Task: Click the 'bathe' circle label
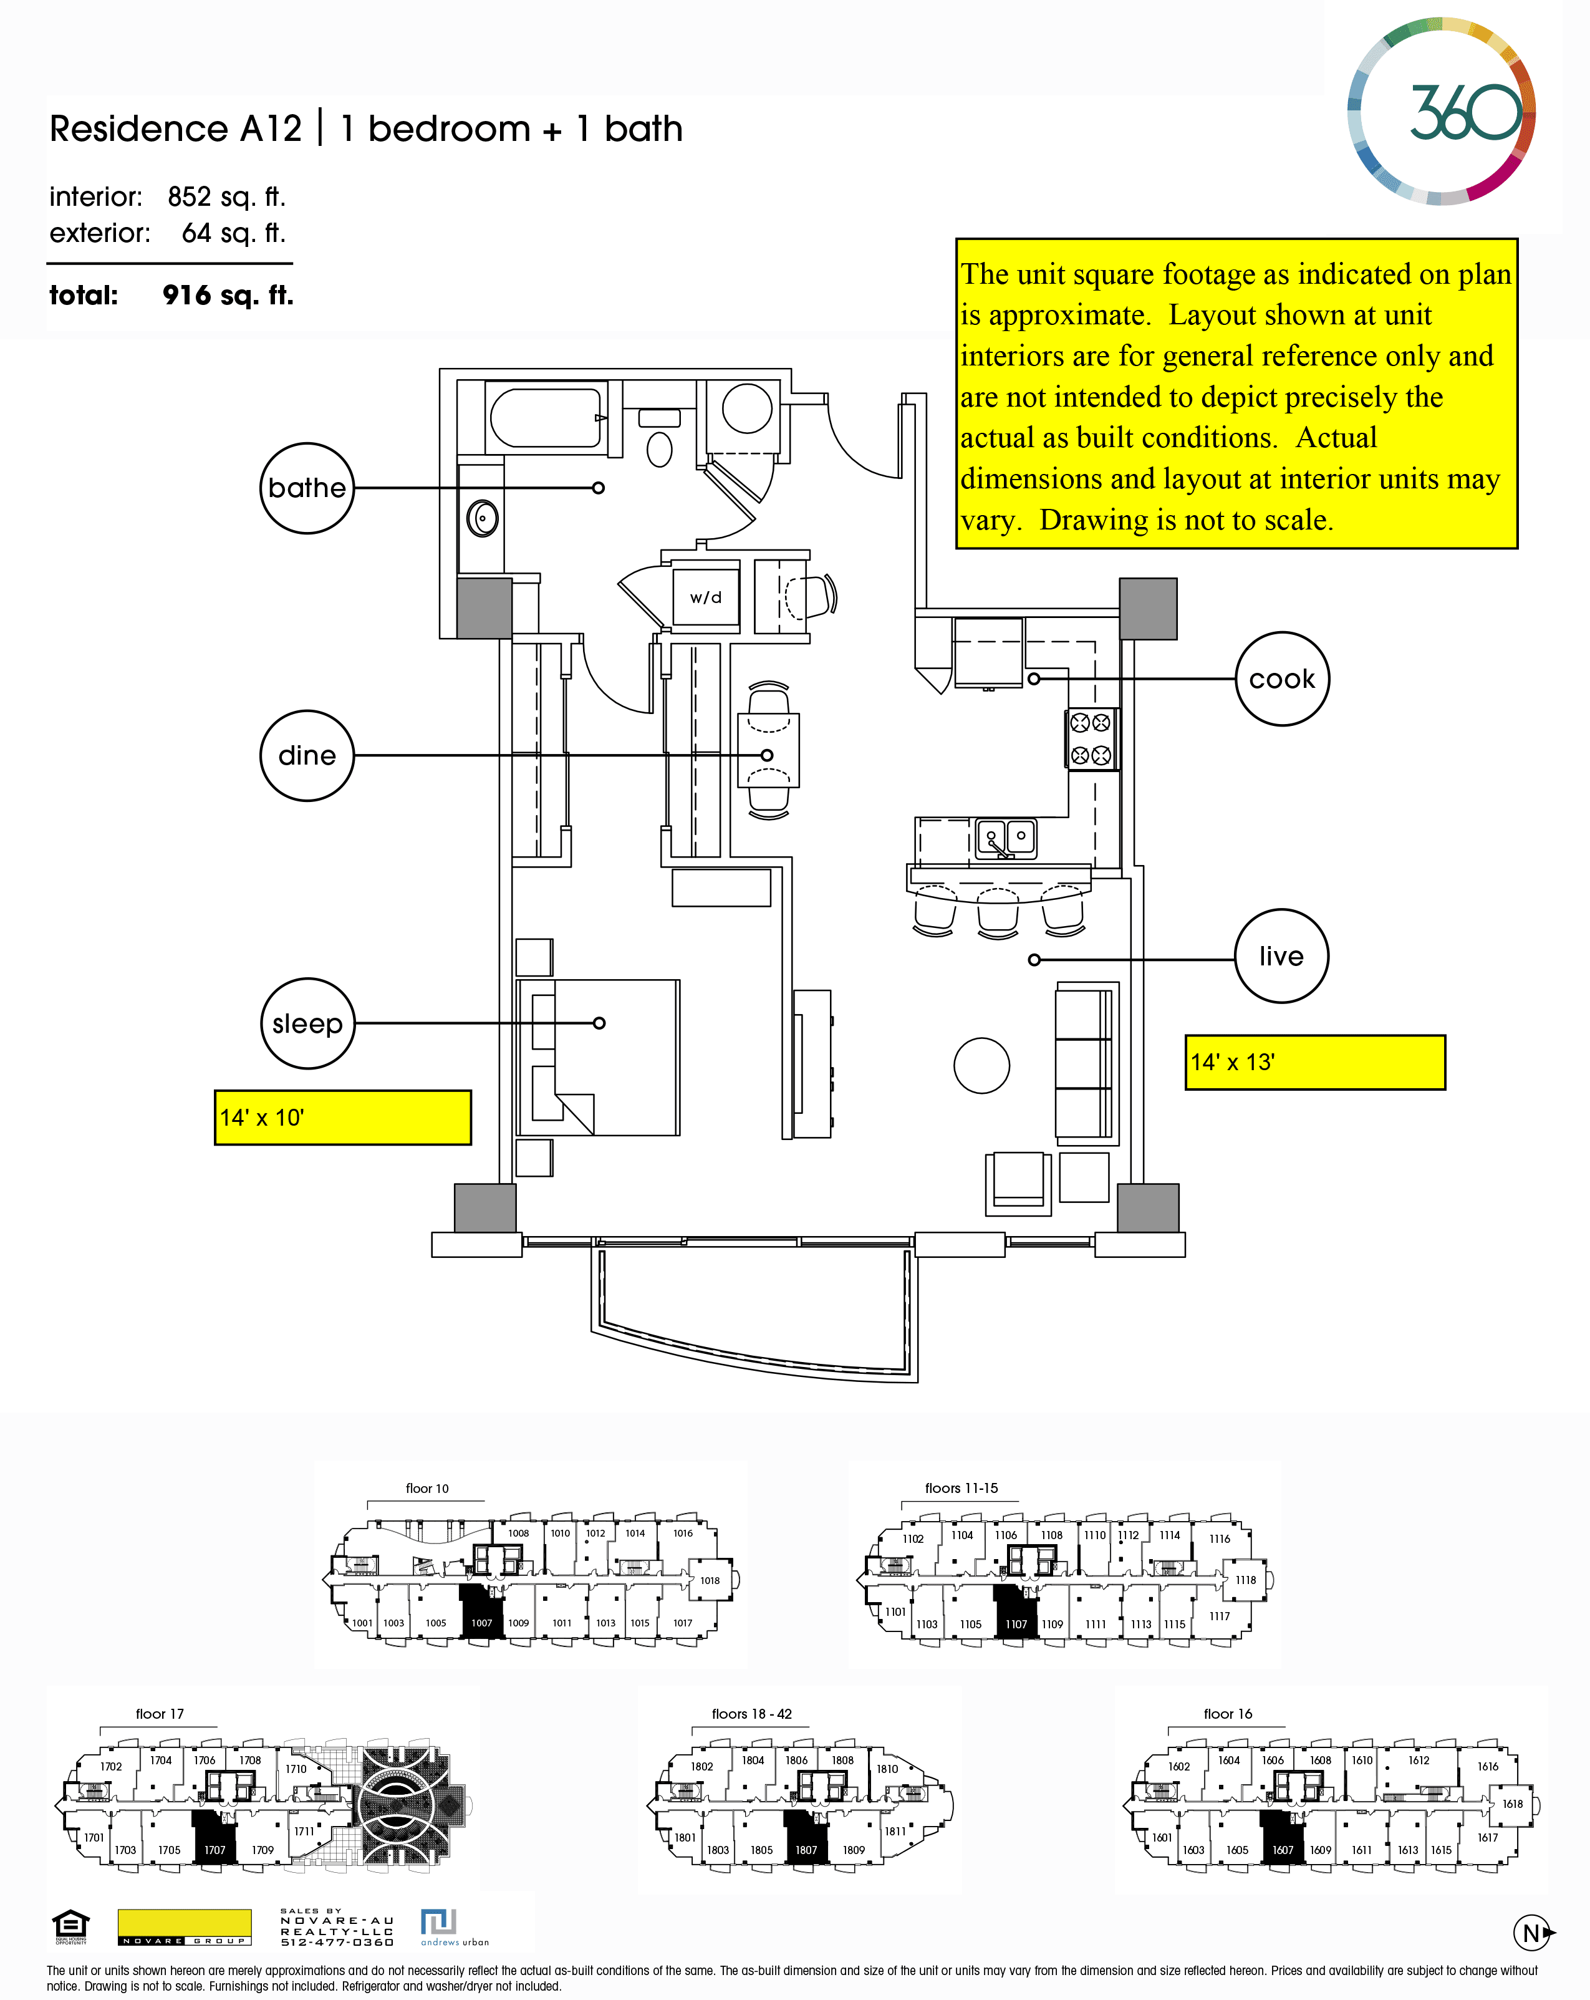click(x=307, y=488)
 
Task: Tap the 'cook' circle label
click(x=1282, y=679)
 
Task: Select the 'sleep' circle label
click(x=307, y=1023)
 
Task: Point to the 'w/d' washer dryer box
click(x=705, y=596)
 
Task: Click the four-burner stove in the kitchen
click(x=1091, y=738)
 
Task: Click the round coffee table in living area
click(x=981, y=1065)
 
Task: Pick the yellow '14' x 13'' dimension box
click(x=1314, y=1062)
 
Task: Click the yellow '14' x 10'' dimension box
click(x=342, y=1117)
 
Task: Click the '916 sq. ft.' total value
click(x=228, y=295)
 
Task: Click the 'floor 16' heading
click(x=1227, y=1713)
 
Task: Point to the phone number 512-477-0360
click(x=338, y=1941)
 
